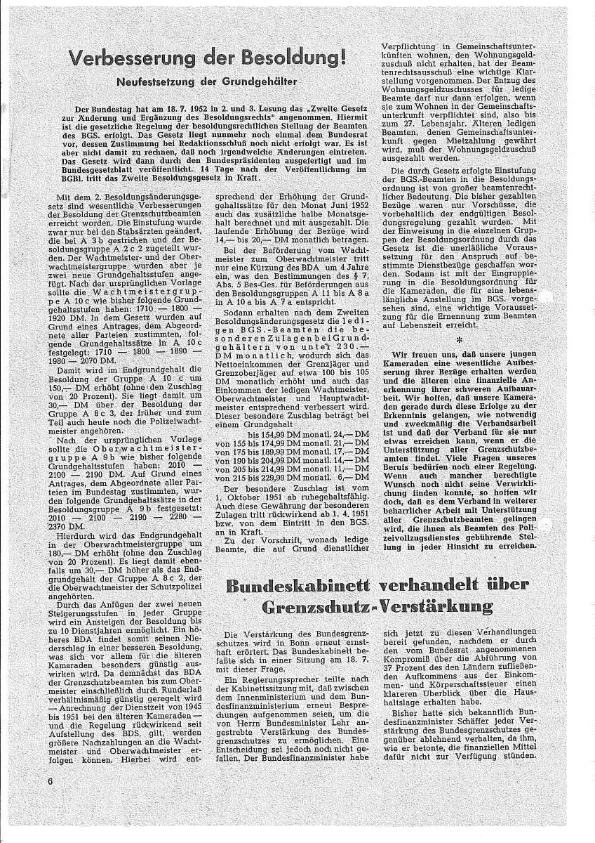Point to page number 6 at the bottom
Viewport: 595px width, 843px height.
51,781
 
